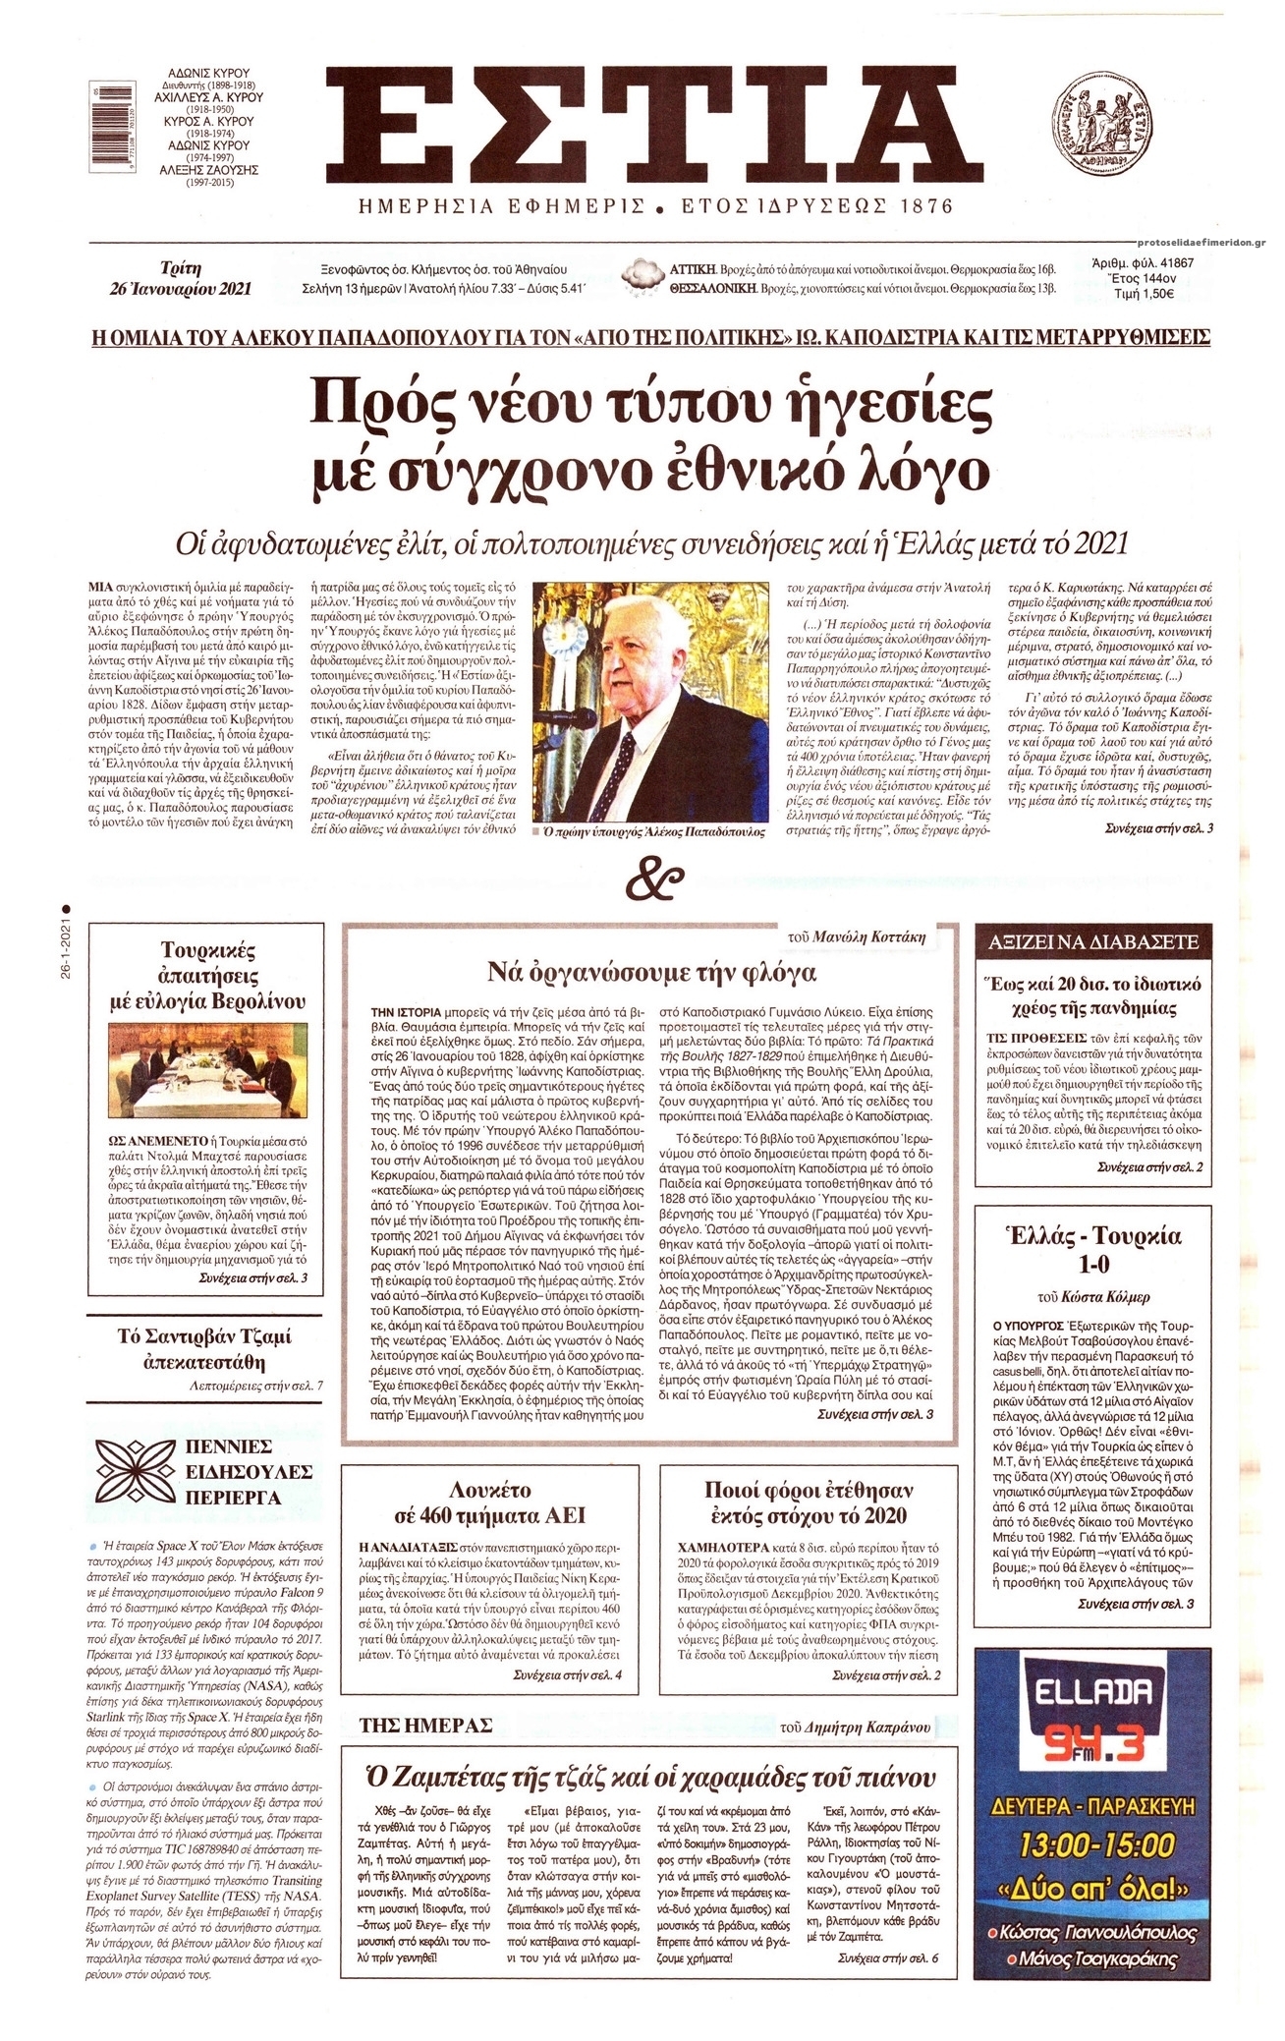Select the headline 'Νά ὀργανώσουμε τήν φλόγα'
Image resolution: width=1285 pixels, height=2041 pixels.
652,974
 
